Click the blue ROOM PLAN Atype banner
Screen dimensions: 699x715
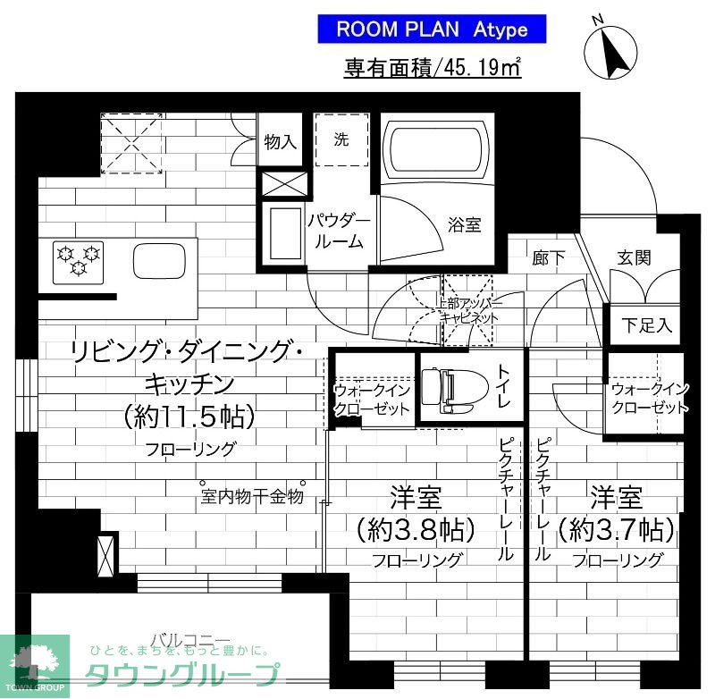432,29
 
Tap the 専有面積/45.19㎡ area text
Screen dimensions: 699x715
433,68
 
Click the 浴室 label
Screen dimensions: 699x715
465,224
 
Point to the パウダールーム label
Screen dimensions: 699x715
338,230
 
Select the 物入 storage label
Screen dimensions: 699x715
281,141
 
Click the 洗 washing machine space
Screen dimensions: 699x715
341,139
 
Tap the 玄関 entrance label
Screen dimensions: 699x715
634,257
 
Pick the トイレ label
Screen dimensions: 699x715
504,388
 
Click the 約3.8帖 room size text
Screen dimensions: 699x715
414,531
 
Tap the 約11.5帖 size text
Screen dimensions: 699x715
189,415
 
